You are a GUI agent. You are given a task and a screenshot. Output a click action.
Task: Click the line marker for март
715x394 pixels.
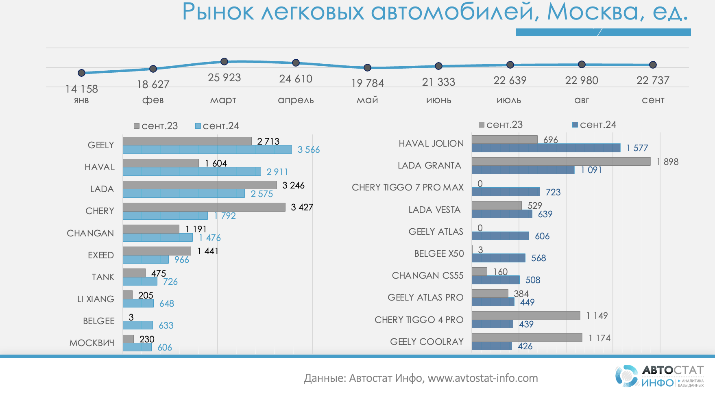tap(224, 61)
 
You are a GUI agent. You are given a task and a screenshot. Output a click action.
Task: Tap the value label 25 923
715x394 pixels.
tap(224, 78)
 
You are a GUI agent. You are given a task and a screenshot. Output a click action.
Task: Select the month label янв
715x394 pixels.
tap(81, 100)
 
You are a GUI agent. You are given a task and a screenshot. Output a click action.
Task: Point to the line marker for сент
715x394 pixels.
tap(653, 65)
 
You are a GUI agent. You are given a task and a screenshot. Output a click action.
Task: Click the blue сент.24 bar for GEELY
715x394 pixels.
tap(207, 149)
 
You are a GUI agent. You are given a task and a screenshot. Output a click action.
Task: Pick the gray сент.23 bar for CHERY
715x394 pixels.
tap(204, 207)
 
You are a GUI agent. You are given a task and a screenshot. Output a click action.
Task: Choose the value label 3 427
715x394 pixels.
tap(302, 207)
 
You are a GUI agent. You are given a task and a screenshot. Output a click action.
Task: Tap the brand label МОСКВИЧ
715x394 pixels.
tap(92, 343)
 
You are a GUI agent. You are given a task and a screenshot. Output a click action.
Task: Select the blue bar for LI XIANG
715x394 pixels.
tap(138, 303)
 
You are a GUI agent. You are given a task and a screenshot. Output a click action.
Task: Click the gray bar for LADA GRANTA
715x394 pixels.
tap(561, 161)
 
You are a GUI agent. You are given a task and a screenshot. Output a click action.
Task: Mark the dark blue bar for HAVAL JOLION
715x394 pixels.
tap(546, 148)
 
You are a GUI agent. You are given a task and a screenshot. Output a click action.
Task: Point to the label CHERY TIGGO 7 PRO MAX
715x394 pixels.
tap(408, 187)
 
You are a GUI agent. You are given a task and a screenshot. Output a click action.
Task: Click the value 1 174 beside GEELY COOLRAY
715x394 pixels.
tap(599, 338)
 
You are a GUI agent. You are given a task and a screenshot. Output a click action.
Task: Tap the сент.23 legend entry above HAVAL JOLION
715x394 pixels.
tap(501, 125)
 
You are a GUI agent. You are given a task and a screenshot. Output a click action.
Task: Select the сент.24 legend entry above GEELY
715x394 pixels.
tap(217, 126)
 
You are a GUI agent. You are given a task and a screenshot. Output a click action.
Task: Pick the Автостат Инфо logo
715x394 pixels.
tap(659, 376)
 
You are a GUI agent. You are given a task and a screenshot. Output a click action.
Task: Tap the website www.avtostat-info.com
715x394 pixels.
tap(483, 378)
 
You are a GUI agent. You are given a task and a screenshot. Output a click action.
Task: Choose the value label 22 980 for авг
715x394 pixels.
tap(582, 80)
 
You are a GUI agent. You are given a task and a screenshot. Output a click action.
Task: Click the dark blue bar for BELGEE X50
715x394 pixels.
tap(499, 258)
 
